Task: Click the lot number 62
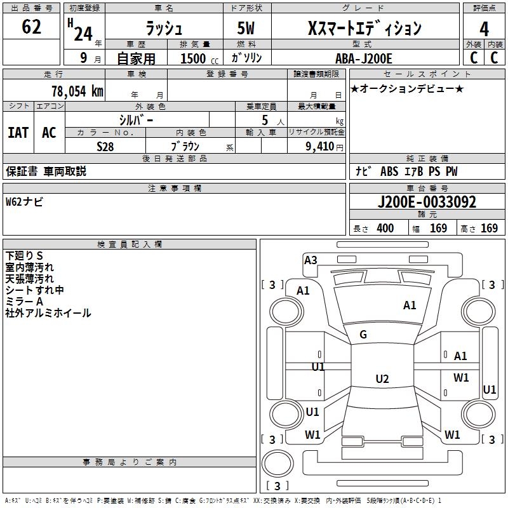pos(31,27)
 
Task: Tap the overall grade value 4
pos(484,29)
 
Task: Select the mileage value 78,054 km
pos(77,91)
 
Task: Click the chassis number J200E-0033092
pos(427,202)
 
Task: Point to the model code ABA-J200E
pos(363,58)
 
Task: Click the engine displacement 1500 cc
pos(199,58)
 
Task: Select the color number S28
pos(105,147)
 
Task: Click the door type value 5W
pos(246,28)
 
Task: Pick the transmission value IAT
pos(18,133)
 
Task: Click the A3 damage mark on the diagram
pos(311,260)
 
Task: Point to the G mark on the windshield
pos(363,335)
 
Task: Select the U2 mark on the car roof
pos(382,378)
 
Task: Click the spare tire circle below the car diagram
pos(277,463)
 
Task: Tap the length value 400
pos(385,228)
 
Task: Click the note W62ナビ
pos(24,202)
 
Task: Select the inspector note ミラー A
pos(24,302)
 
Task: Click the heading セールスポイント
pos(427,74)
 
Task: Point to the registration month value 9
pos(84,58)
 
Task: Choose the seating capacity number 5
pos(265,120)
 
